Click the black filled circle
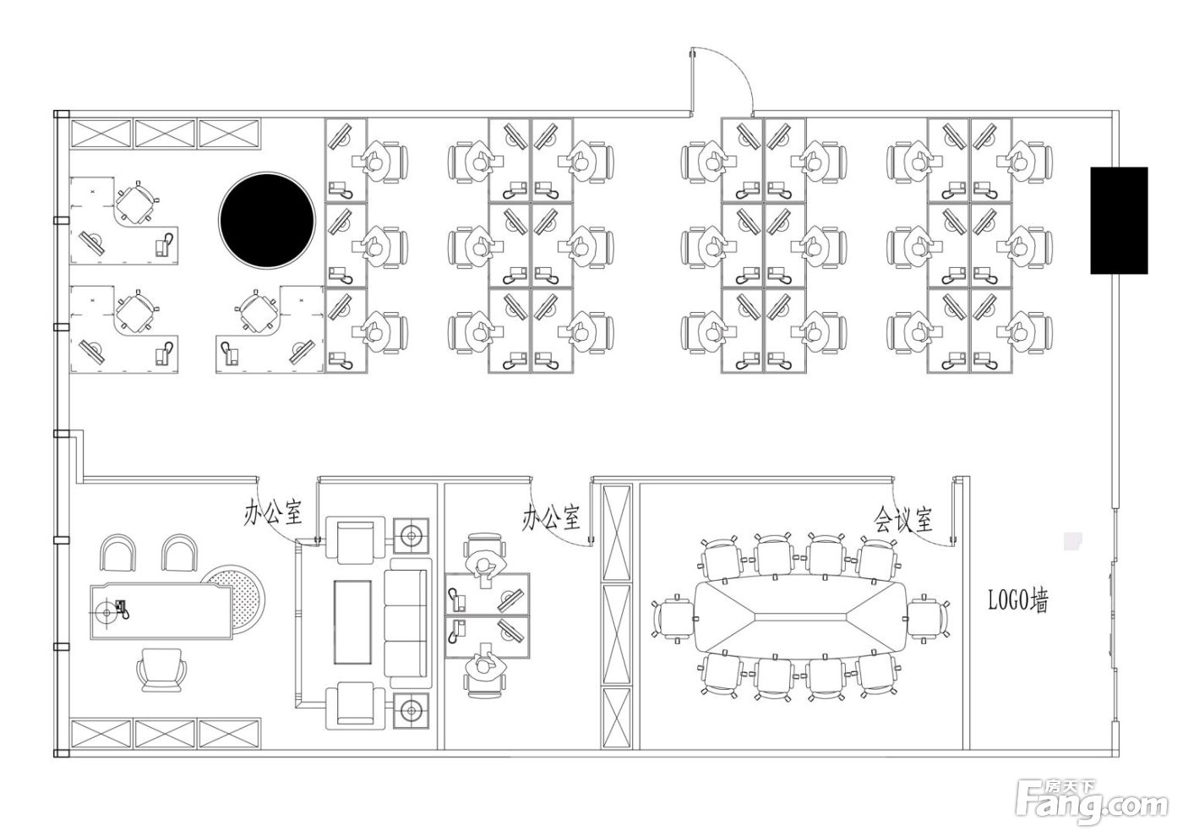coord(267,220)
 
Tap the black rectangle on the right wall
coord(1119,221)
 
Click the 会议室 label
coord(902,520)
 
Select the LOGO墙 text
coord(1017,600)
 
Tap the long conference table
coord(801,616)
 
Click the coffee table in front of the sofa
coord(352,622)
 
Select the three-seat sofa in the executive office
coord(406,624)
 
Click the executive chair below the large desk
coord(161,670)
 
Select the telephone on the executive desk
coord(122,609)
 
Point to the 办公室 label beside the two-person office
coord(551,517)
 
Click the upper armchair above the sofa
coord(355,540)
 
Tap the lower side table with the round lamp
coord(411,711)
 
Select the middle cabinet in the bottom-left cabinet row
coord(165,734)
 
